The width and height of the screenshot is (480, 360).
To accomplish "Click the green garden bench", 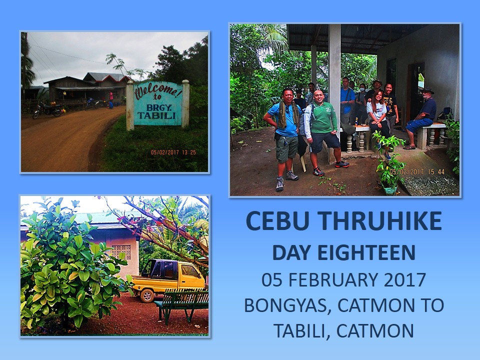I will [x=182, y=302].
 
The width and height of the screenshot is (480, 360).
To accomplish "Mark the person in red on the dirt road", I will [x=110, y=99].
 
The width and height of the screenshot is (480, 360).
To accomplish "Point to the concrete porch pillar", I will [x=334, y=75].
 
